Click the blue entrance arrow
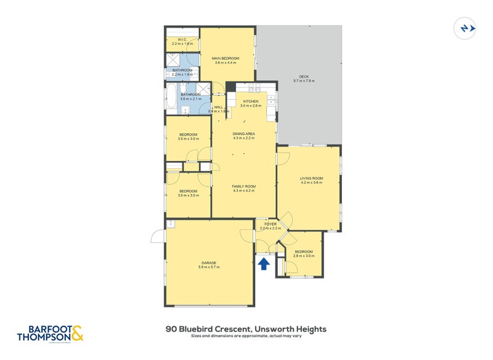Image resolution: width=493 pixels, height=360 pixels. coord(263,264)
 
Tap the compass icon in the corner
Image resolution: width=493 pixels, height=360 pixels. coord(463,28)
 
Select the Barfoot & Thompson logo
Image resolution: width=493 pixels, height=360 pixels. coord(50,333)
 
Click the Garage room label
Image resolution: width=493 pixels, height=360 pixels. coord(208,263)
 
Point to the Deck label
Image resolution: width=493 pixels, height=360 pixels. coord(304,76)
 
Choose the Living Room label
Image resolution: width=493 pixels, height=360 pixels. coord(311,178)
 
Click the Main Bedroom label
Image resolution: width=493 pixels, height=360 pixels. coord(226,58)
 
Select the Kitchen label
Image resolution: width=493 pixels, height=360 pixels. coord(251,101)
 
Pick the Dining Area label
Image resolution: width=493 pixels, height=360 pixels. coord(244,134)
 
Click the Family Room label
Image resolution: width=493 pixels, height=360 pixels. coord(244,186)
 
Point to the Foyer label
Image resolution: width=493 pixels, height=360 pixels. coord(271,224)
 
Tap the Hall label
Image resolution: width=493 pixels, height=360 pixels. coord(218,107)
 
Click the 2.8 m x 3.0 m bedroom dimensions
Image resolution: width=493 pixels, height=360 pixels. coord(304,256)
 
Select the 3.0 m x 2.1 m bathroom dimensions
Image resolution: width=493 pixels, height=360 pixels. coord(190,99)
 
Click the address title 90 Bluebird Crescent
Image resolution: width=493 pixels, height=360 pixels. coord(246,329)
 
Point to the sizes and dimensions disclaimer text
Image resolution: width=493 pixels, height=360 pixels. coord(246,337)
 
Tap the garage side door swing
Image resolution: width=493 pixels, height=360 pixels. coord(158,235)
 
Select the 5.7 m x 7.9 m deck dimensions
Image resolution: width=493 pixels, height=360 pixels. coord(304,81)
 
